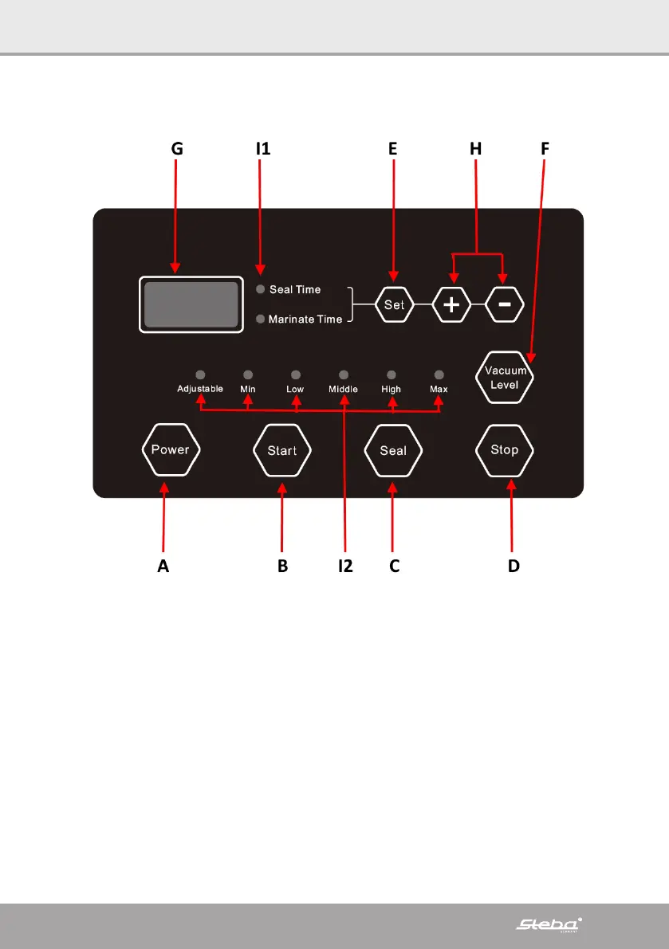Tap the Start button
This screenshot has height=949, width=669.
coord(281,450)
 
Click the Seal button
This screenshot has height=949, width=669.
coord(392,450)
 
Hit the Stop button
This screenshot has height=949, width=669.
coord(504,450)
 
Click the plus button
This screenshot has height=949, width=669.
coord(452,305)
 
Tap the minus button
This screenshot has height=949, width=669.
coord(505,305)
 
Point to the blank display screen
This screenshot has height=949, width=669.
coord(191,304)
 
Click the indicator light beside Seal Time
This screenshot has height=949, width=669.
coord(260,289)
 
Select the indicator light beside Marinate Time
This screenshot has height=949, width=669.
coord(260,319)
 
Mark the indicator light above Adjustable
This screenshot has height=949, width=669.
coord(200,374)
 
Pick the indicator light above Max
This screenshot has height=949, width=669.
coord(439,374)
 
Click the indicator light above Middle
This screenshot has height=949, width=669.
coord(344,374)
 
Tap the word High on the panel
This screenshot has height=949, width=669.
coord(391,390)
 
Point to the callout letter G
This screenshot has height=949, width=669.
coord(177,148)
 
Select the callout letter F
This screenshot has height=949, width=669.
coord(545,148)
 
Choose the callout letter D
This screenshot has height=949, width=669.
coord(514,566)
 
